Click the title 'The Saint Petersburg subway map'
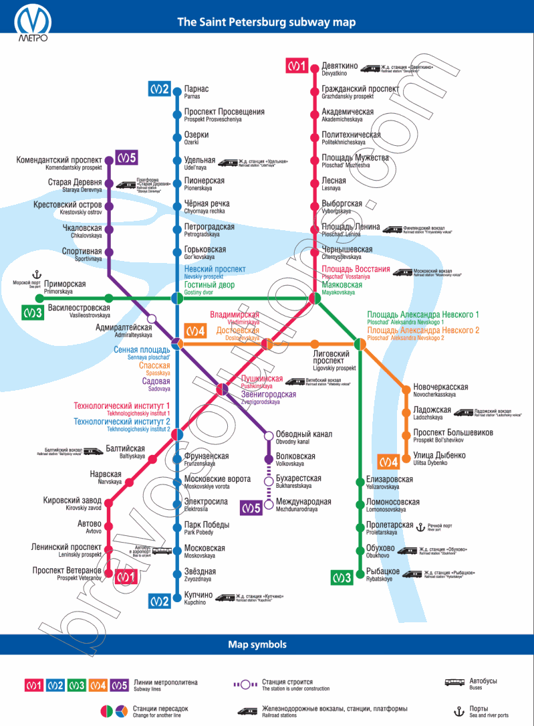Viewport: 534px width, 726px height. click(x=266, y=22)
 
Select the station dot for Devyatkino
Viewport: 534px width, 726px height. click(x=313, y=67)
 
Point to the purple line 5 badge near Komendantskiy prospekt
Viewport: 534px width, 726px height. click(x=126, y=158)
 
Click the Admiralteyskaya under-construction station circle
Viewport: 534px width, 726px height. click(x=152, y=319)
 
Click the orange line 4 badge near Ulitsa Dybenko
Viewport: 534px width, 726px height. click(x=388, y=462)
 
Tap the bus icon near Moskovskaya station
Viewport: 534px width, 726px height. click(x=162, y=551)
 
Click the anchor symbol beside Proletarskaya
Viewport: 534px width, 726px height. click(x=420, y=527)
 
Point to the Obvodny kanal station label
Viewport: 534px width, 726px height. click(x=303, y=437)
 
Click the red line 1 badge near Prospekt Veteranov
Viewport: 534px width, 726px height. click(x=126, y=575)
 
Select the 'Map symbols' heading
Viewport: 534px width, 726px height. click(x=257, y=644)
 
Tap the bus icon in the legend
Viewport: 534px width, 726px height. click(x=455, y=683)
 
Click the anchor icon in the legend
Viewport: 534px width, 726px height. click(x=459, y=711)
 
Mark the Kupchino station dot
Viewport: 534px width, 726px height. click(x=177, y=596)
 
